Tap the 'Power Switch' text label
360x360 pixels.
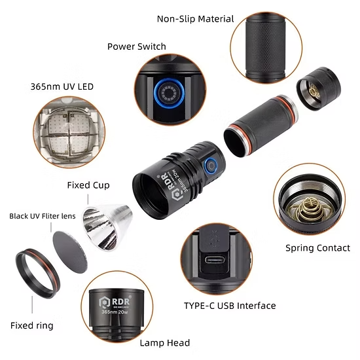pyautogui.click(x=137, y=46)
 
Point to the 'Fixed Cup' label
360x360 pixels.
pyautogui.click(x=88, y=185)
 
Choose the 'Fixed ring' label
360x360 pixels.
pyautogui.click(x=32, y=325)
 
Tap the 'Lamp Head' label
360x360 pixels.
pyautogui.click(x=165, y=343)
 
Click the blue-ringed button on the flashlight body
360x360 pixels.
pyautogui.click(x=211, y=166)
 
